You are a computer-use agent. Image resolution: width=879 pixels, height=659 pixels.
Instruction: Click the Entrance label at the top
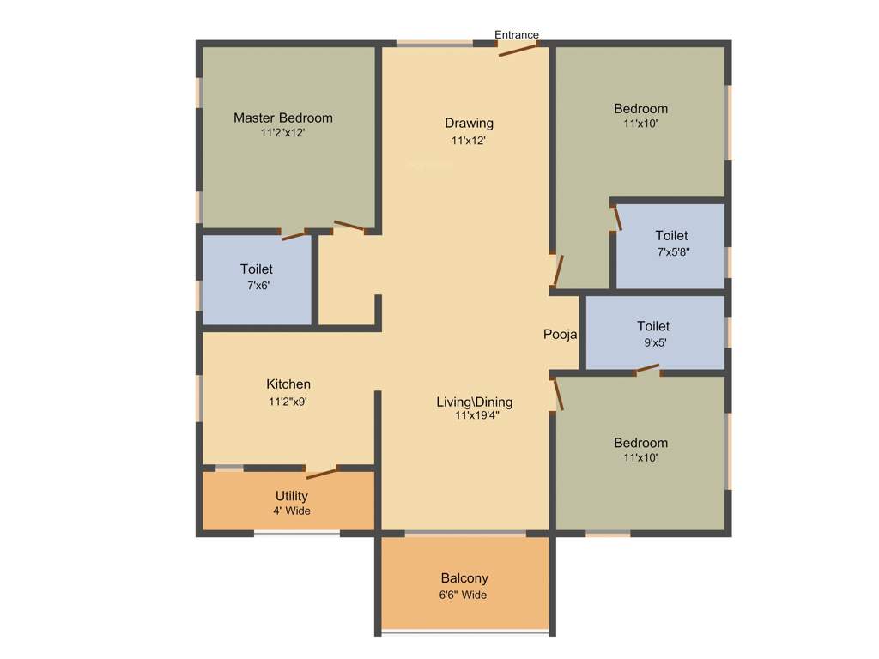tap(517, 35)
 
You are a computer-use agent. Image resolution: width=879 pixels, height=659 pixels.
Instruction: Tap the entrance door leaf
tap(518, 50)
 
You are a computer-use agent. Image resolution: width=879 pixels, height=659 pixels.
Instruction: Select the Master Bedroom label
tap(283, 118)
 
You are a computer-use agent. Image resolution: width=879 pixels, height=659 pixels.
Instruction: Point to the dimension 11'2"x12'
tap(283, 133)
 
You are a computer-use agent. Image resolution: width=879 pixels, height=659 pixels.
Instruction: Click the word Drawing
tap(469, 123)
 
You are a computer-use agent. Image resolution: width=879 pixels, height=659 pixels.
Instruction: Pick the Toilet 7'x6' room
tap(257, 278)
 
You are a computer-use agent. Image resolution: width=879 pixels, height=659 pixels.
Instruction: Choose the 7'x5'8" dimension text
tap(674, 252)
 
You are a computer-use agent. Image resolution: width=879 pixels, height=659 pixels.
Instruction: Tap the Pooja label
tap(560, 335)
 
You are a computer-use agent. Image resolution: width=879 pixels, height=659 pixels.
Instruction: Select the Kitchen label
tap(288, 384)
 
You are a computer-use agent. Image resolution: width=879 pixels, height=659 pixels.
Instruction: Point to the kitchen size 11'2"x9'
tap(288, 400)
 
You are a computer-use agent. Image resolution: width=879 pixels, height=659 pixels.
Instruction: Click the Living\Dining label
tap(474, 402)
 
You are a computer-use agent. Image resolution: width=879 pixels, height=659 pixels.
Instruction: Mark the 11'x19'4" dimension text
tap(477, 416)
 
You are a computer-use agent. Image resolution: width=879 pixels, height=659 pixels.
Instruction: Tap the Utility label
tap(292, 496)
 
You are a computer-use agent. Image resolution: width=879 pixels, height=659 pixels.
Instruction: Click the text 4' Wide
tap(292, 511)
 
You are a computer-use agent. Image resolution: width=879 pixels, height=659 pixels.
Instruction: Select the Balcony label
tap(464, 578)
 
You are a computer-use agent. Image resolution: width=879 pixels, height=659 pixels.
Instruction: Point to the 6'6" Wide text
tap(464, 594)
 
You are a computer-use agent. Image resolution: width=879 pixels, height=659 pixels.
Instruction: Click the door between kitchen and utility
tap(322, 471)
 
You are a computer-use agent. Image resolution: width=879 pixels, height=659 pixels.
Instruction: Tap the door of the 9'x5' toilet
tap(647, 370)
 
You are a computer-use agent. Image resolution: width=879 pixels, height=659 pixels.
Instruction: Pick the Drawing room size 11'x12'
tap(469, 140)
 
